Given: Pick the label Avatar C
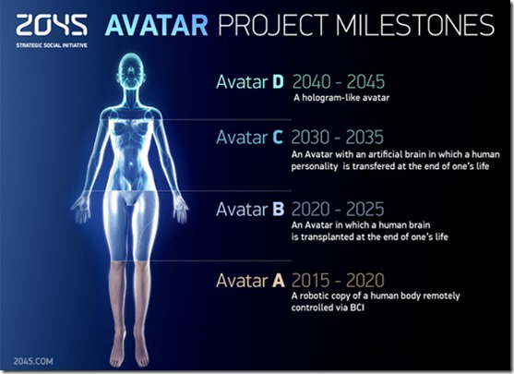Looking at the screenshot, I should click(x=250, y=138).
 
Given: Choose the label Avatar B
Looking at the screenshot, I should click(x=250, y=209).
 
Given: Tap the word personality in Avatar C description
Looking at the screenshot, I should click(x=320, y=169).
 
